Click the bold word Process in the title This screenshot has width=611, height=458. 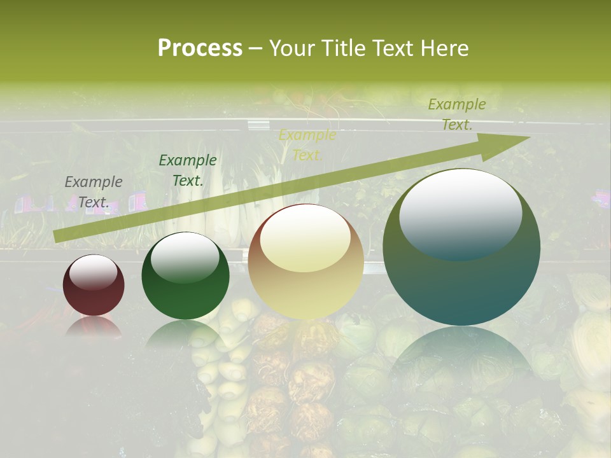(200, 48)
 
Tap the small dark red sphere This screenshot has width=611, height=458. (94, 286)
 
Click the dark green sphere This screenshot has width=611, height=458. (185, 276)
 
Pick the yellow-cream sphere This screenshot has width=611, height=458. (305, 261)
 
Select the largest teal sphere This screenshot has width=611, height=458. (461, 247)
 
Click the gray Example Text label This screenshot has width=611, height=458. (94, 192)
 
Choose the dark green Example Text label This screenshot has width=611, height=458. (187, 170)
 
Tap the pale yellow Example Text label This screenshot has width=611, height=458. (307, 145)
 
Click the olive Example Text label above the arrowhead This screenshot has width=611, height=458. (456, 114)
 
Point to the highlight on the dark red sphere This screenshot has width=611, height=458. (93, 272)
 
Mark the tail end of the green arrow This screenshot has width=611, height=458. (56, 237)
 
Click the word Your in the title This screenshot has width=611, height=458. (293, 48)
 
